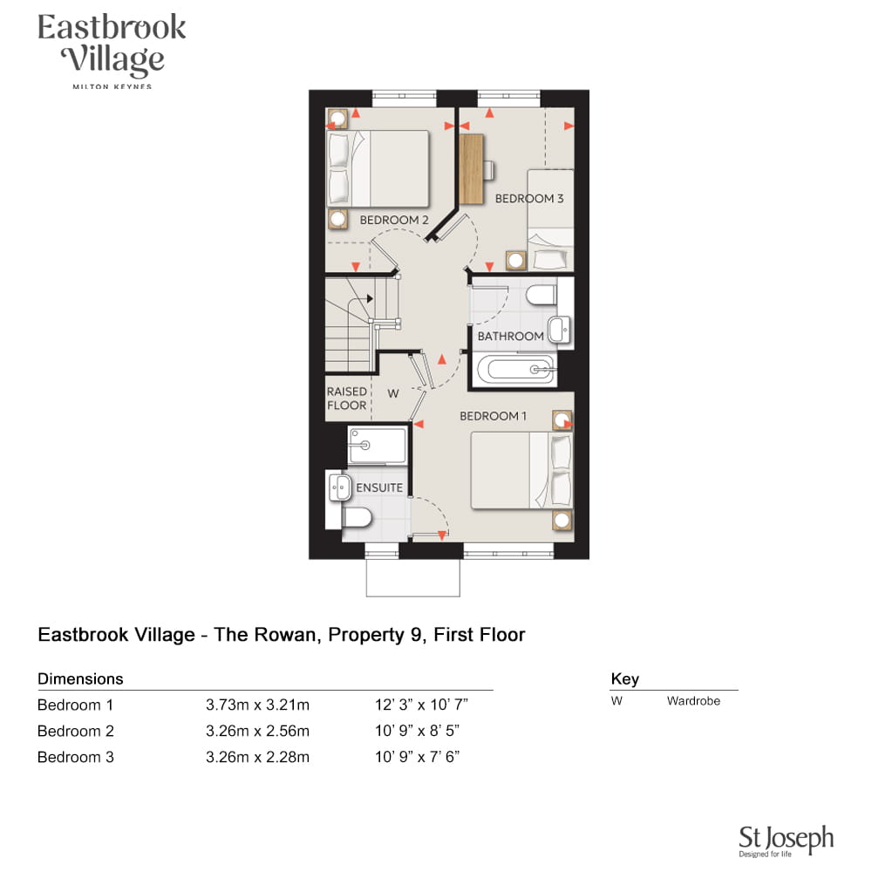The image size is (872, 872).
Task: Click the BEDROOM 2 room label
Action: pyautogui.click(x=394, y=220)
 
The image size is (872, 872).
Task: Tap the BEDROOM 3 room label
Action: pyautogui.click(x=529, y=198)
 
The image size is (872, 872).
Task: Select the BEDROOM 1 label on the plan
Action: pyautogui.click(x=493, y=415)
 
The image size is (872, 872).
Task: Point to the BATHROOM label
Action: pyautogui.click(x=510, y=336)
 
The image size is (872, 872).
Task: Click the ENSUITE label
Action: pyautogui.click(x=379, y=487)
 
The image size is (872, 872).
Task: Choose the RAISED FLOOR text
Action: pyautogui.click(x=347, y=399)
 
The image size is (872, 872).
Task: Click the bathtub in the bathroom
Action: pyautogui.click(x=515, y=369)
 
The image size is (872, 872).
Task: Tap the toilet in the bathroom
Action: pyautogui.click(x=542, y=294)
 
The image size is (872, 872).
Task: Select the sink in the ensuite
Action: pyautogui.click(x=339, y=487)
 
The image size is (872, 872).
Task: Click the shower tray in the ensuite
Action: pyautogui.click(x=377, y=445)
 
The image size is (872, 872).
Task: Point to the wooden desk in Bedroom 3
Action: pyautogui.click(x=471, y=168)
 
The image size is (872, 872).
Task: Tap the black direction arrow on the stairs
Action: pyautogui.click(x=369, y=298)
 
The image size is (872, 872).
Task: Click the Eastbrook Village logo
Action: pyautogui.click(x=112, y=51)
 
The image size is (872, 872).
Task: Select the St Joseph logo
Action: pyautogui.click(x=786, y=841)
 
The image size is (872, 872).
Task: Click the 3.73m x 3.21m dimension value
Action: pyautogui.click(x=257, y=705)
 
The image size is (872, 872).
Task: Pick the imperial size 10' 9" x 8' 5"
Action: pyautogui.click(x=417, y=731)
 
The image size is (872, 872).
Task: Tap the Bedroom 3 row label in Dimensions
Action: pyautogui.click(x=76, y=757)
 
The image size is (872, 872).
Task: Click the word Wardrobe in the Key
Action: pyautogui.click(x=693, y=701)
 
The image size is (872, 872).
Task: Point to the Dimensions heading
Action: pyautogui.click(x=80, y=678)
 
